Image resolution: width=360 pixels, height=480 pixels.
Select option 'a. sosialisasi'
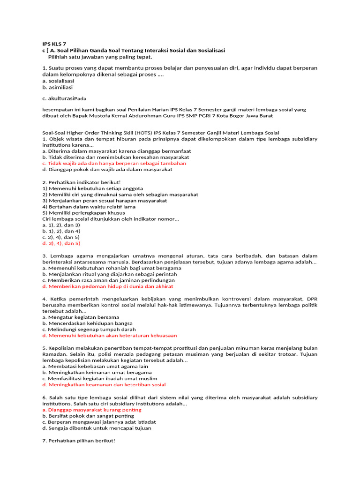tap(58, 81)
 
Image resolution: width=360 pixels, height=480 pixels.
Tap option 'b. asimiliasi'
tap(57, 87)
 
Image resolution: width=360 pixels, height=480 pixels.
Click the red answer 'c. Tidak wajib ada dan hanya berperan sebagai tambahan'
tap(114, 163)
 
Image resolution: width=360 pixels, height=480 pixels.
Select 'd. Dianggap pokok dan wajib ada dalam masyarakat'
tap(107, 169)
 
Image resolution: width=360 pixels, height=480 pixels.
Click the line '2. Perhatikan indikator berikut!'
tap(81, 182)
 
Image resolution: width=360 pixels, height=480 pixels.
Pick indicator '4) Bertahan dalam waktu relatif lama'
tap(89, 206)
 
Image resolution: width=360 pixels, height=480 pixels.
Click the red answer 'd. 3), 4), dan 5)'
tap(61, 243)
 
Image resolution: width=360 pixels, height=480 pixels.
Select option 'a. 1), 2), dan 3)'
tap(61, 225)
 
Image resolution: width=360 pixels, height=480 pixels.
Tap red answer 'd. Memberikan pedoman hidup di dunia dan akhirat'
tap(107, 286)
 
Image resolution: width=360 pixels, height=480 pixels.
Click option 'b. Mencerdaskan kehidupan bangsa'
tap(87, 323)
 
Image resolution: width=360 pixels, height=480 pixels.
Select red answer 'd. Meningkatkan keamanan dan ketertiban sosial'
tap(104, 384)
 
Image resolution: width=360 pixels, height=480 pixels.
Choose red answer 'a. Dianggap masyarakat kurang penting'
tap(91, 410)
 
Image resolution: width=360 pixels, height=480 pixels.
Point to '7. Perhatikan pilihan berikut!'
tap(78, 441)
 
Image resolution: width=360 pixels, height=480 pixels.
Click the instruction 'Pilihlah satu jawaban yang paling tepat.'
tap(100, 57)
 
